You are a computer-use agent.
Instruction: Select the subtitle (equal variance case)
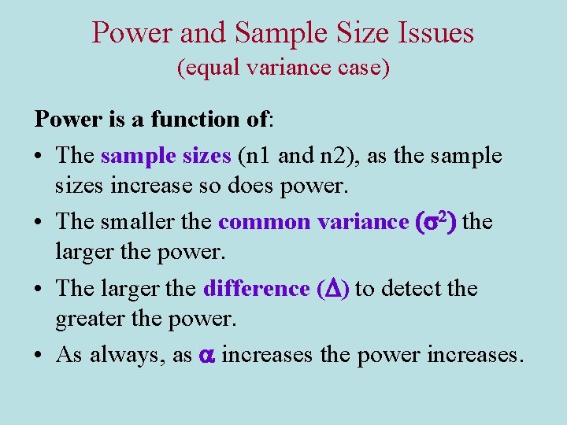283,68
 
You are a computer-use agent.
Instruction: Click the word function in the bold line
192,120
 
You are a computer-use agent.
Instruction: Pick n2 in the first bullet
332,156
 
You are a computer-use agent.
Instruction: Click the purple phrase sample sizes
165,156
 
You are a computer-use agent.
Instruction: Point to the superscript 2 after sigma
445,218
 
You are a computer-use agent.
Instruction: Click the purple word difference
256,289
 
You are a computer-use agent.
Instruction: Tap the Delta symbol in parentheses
332,290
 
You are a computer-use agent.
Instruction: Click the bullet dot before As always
39,356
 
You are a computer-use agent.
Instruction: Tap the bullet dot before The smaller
39,223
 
